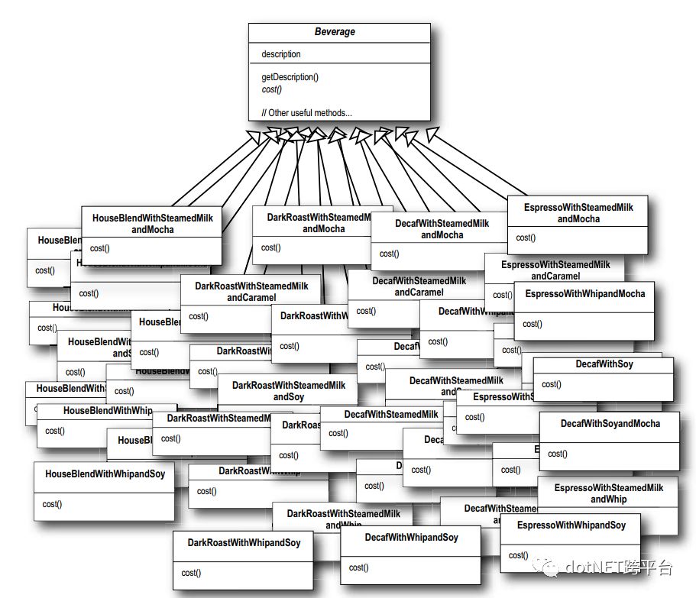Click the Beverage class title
[335, 32]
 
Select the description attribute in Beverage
[281, 54]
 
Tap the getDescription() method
[290, 77]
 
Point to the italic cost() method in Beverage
[272, 89]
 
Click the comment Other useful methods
[306, 113]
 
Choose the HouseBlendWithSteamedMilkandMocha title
[152, 224]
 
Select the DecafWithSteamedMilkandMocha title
[442, 229]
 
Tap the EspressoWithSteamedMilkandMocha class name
[578, 213]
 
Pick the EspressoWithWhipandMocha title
[585, 293]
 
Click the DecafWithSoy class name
[604, 364]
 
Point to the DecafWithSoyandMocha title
[610, 423]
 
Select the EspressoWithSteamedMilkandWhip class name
[608, 493]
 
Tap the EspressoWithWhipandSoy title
[571, 525]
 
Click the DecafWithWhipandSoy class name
[411, 538]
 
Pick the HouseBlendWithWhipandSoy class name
[105, 474]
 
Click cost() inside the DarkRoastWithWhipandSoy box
[191, 573]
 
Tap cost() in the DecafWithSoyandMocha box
[557, 454]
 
